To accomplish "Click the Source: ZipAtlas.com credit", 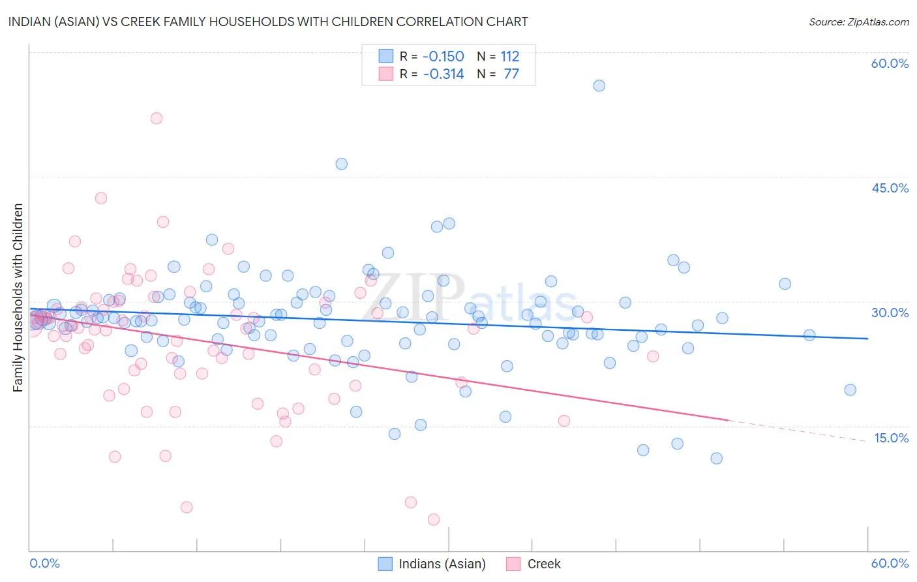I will [858, 22].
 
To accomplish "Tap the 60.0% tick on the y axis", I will [890, 63].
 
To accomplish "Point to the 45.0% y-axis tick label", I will [890, 188].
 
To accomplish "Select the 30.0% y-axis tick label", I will [890, 313].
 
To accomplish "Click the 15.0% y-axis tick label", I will [890, 438].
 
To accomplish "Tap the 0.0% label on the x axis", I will [45, 563].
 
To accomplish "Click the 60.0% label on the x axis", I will [890, 563].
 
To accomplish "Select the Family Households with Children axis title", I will [18, 298].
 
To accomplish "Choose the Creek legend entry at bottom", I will [543, 564].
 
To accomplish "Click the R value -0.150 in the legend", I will [443, 57].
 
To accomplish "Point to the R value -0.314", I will [443, 74].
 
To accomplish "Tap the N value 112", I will [509, 57].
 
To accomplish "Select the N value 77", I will [511, 74].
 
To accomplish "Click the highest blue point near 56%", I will [599, 85].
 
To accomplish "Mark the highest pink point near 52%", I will [157, 118].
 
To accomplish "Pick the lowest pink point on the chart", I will [434, 519].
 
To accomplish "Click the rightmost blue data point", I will [850, 390].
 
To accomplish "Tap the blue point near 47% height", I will [341, 164].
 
